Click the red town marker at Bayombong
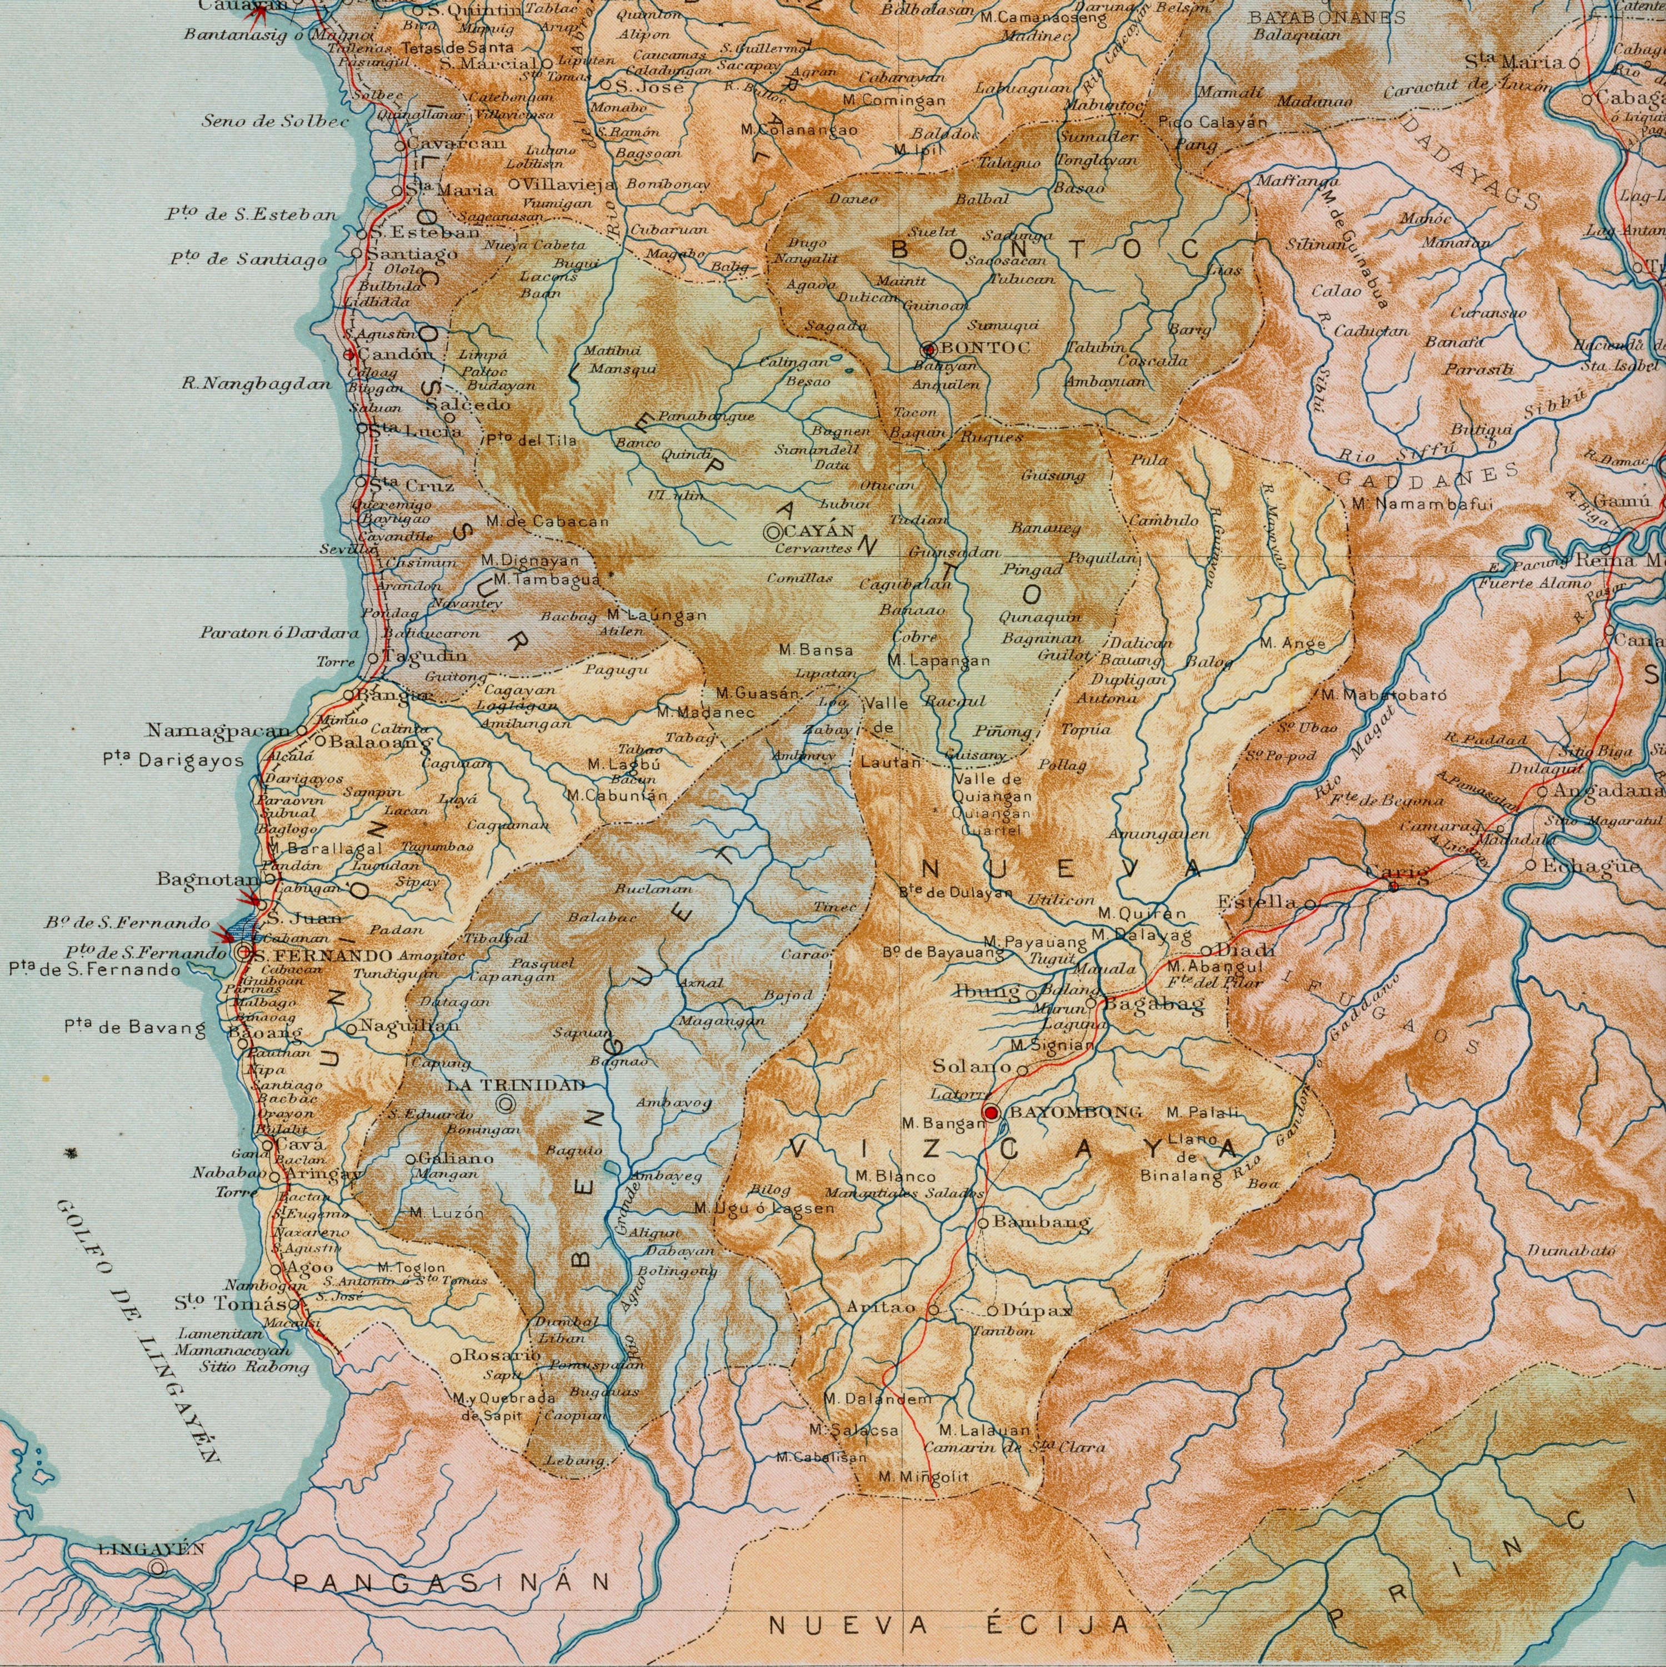(990, 1112)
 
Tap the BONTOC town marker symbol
(929, 350)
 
